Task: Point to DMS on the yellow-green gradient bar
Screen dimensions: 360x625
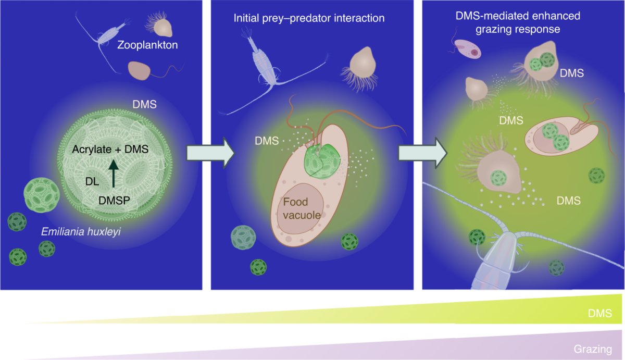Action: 598,314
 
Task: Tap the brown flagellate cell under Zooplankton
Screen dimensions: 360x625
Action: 139,70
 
